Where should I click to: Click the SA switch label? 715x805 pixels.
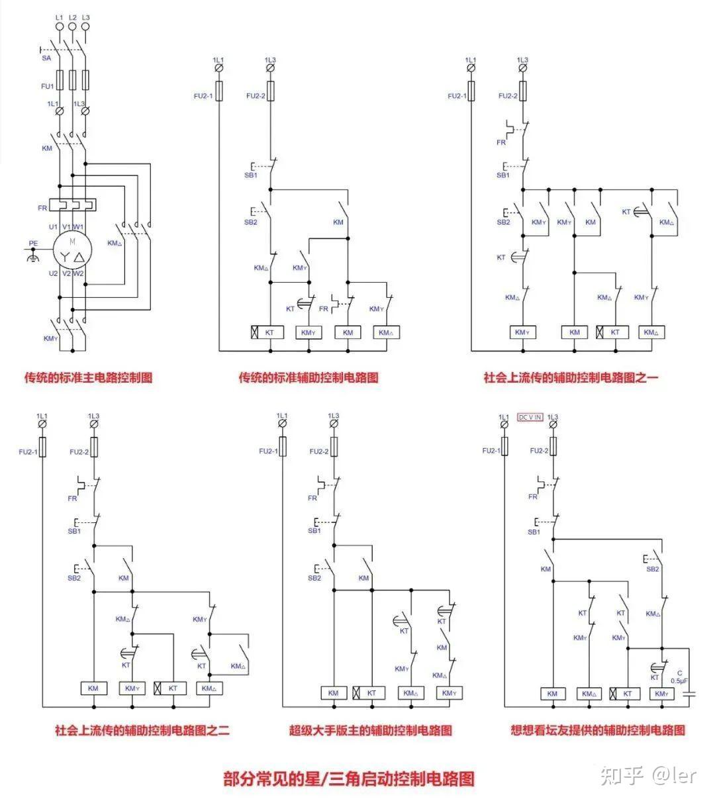pyautogui.click(x=46, y=58)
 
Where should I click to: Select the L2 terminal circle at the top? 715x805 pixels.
pyautogui.click(x=72, y=26)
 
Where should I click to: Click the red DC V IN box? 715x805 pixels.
pyautogui.click(x=530, y=417)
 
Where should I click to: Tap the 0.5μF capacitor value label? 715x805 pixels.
pyautogui.click(x=679, y=680)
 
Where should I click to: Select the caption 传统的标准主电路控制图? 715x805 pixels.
pyautogui.click(x=88, y=378)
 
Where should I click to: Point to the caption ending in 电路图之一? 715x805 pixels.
pyautogui.click(x=571, y=378)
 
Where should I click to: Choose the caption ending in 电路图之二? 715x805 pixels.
pyautogui.click(x=142, y=731)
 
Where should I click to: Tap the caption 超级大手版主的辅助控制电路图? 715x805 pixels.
pyautogui.click(x=370, y=731)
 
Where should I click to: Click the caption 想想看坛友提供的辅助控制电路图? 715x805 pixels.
pyautogui.click(x=597, y=731)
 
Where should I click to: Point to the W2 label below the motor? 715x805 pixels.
pyautogui.click(x=78, y=273)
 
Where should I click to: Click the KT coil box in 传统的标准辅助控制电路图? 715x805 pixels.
pyautogui.click(x=267, y=332)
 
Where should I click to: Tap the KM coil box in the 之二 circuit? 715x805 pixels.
pyautogui.click(x=93, y=688)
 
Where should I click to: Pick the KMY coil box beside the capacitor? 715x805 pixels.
pyautogui.click(x=659, y=694)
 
